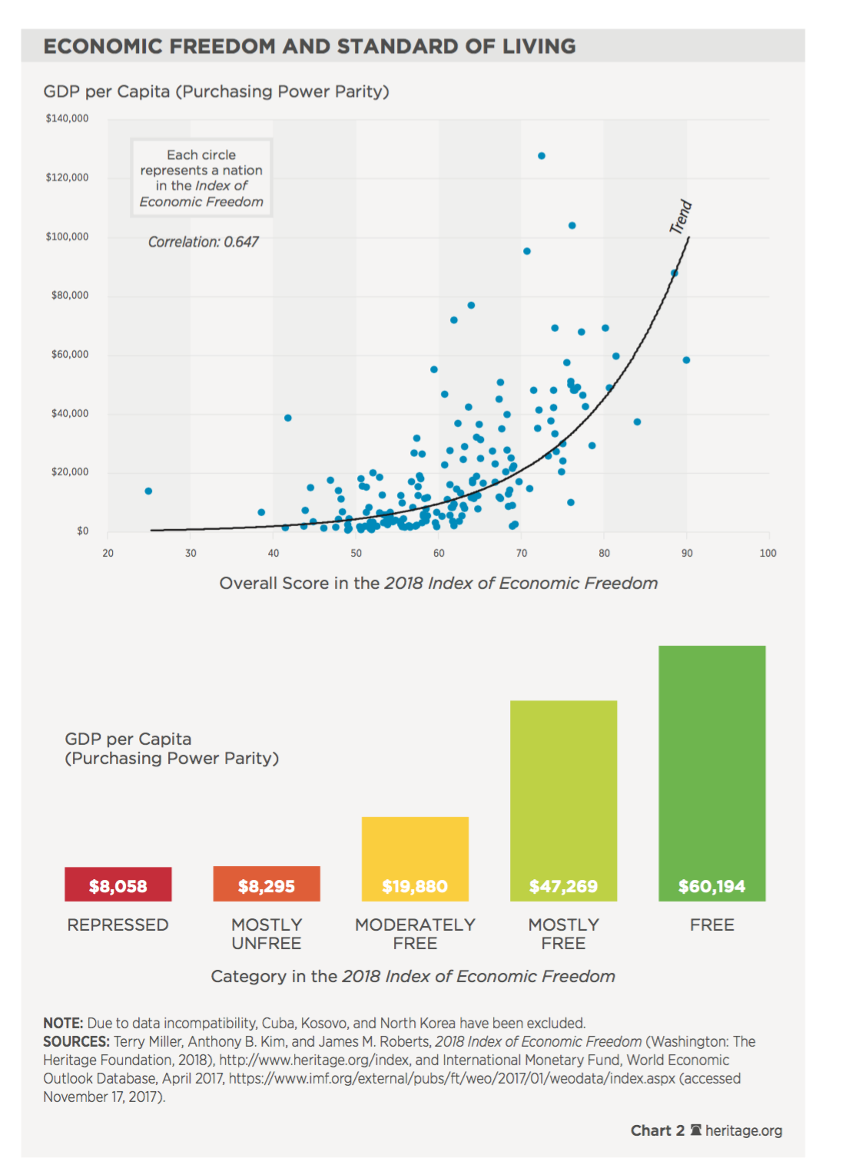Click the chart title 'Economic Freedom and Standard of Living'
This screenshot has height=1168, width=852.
(310, 46)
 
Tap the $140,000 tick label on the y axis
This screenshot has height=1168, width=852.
(68, 118)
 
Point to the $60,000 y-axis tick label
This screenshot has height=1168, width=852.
(70, 355)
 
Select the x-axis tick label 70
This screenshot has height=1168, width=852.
(521, 553)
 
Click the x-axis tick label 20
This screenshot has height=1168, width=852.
(108, 553)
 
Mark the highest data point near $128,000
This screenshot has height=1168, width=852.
(542, 156)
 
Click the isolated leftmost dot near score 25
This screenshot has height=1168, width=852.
(148, 491)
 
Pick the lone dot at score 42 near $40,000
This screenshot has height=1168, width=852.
(287, 419)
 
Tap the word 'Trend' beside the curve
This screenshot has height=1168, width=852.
(681, 217)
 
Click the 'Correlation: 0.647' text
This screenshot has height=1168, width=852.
(203, 242)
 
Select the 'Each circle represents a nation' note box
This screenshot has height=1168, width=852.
(201, 178)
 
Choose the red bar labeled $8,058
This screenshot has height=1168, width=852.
(118, 884)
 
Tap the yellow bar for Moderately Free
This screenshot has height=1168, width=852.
(416, 859)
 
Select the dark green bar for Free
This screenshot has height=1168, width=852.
(712, 773)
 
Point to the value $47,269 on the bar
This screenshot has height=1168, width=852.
(563, 886)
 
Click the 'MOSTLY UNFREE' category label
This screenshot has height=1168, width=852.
(267, 934)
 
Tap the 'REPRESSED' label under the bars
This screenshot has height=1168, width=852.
(118, 925)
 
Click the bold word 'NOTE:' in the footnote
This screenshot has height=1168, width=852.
(63, 1023)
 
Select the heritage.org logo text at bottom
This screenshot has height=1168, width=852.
(744, 1130)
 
